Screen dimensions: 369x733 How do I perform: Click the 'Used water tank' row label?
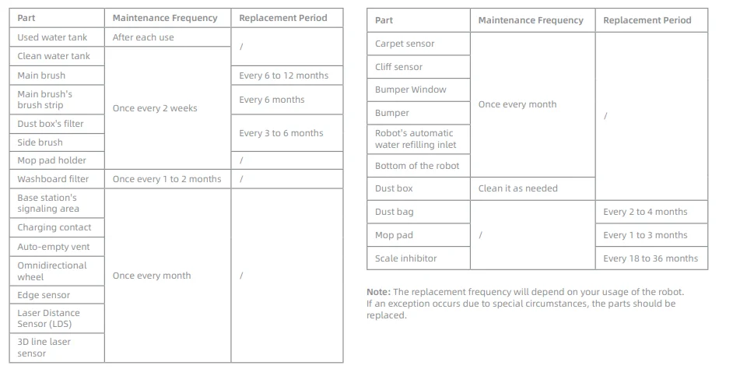tap(52, 37)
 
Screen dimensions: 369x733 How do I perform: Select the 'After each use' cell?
tap(143, 37)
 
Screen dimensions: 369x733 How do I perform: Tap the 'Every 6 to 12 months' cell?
tap(283, 76)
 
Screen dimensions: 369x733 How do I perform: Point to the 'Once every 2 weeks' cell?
tap(155, 108)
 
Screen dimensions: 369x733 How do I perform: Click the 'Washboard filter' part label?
tap(53, 179)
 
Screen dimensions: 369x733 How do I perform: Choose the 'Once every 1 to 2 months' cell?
tap(167, 179)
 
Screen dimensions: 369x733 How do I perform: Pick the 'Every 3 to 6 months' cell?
tap(281, 133)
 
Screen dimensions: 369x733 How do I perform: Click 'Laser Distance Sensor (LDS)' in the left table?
tap(48, 318)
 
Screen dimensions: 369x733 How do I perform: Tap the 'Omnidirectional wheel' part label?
tap(52, 271)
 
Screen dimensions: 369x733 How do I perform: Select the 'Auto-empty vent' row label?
tap(54, 247)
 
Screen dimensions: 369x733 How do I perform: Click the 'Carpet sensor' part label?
tap(405, 44)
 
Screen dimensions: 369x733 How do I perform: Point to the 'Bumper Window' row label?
tap(410, 90)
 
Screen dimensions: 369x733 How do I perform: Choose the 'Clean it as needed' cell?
tap(517, 188)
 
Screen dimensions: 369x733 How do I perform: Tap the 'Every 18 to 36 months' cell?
tap(651, 258)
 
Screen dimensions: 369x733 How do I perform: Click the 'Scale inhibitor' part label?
tap(405, 258)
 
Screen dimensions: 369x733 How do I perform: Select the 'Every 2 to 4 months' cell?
tap(645, 212)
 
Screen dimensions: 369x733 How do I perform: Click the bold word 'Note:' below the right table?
tap(379, 292)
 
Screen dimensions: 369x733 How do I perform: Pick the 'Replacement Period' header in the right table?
tap(647, 20)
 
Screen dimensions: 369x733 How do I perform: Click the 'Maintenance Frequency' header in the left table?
tap(164, 18)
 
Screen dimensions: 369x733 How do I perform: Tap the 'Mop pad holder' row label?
tap(51, 160)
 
